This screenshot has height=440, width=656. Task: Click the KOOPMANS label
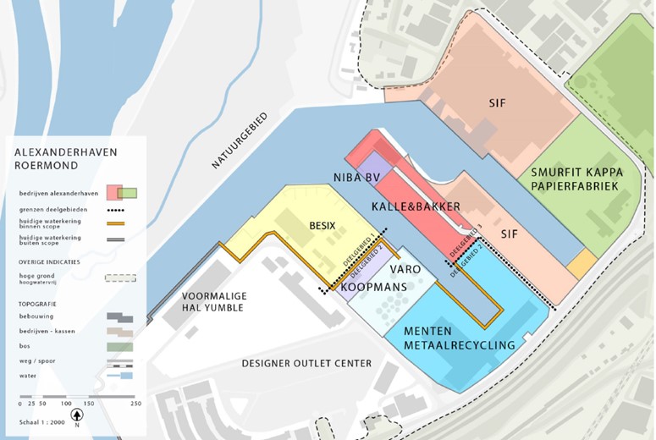click(373, 288)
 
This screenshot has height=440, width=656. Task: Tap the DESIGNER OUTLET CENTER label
click(306, 364)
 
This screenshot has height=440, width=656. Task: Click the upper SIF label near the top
click(497, 102)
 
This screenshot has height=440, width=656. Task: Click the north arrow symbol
click(76, 415)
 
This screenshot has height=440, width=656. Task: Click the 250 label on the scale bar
click(135, 404)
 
